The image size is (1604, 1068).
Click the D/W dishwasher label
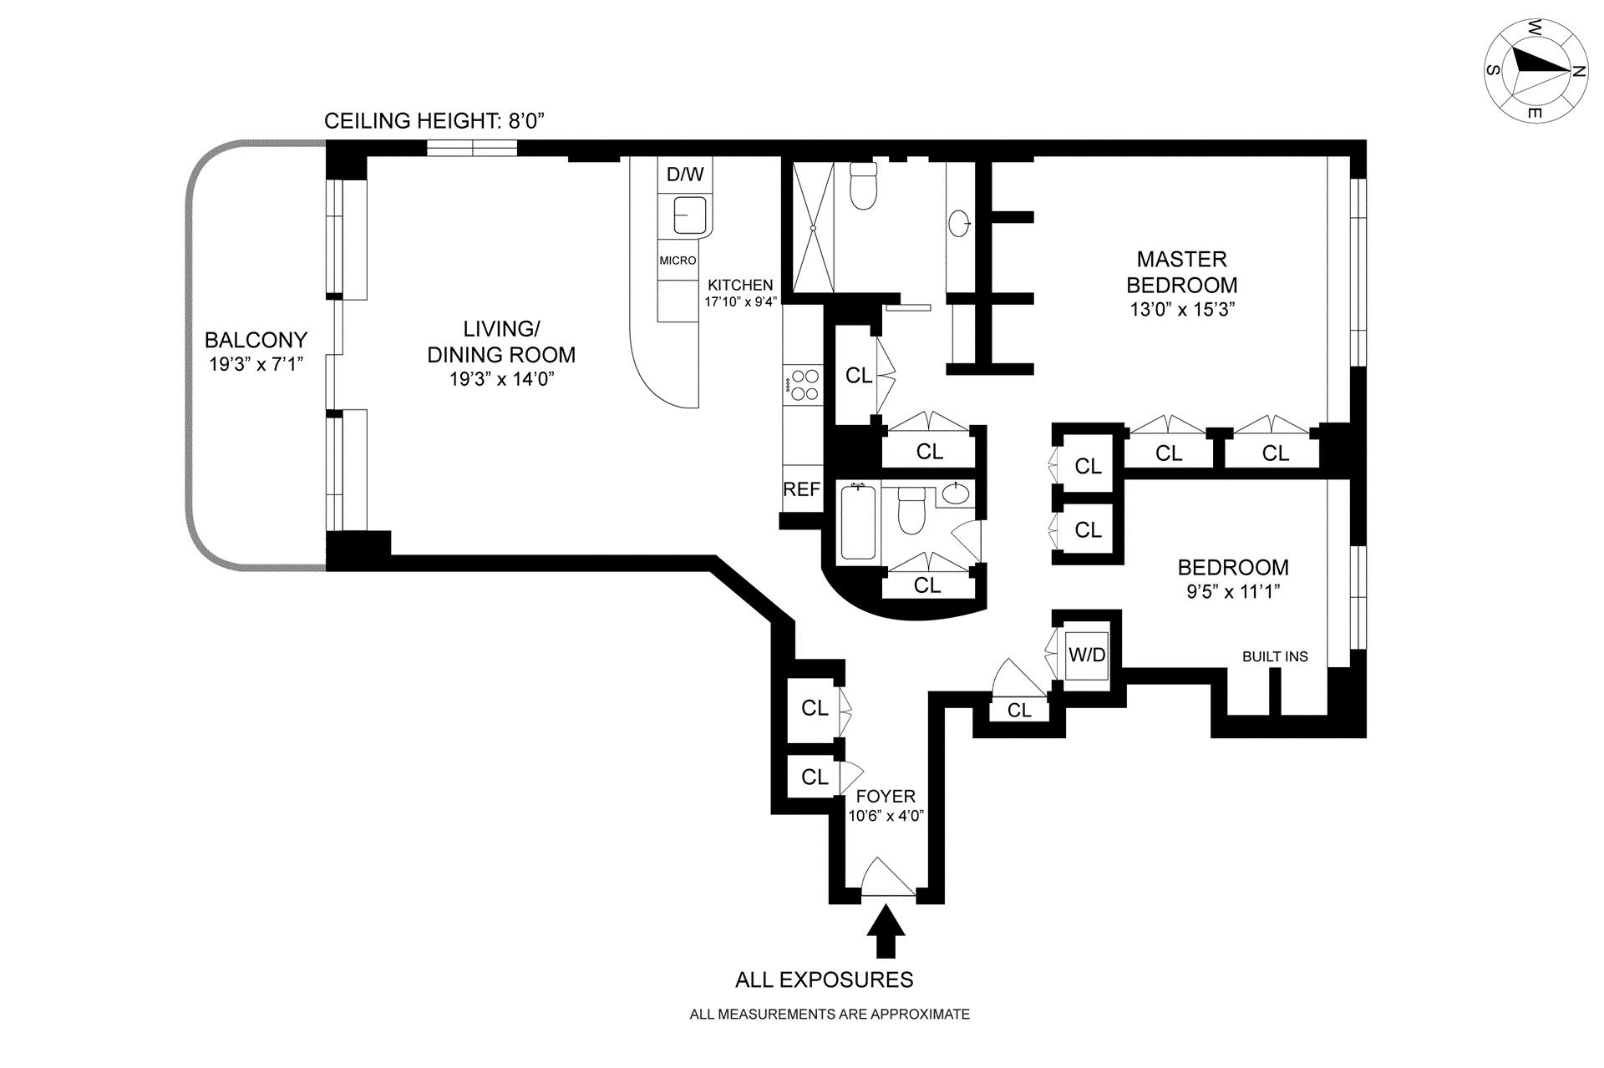tap(684, 175)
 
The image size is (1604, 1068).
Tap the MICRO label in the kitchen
tap(678, 261)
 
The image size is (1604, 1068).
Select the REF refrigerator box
tap(801, 489)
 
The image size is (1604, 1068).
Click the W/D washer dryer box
tap(1087, 655)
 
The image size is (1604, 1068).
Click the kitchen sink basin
tap(688, 215)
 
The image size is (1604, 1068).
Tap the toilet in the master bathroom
tap(863, 185)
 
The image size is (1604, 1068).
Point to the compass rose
tap(1535, 71)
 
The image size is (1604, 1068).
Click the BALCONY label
tap(256, 340)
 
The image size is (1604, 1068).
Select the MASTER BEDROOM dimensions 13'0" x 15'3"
tap(1182, 309)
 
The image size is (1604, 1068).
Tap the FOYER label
tap(886, 796)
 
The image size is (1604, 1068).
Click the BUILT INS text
tap(1275, 656)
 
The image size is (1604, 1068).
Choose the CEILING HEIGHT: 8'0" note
tap(434, 121)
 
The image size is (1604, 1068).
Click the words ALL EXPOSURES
tap(824, 979)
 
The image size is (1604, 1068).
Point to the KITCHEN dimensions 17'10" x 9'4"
tap(740, 301)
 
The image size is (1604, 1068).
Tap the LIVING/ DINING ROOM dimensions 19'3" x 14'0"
tap(501, 379)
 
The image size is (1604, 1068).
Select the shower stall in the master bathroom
tap(812, 227)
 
